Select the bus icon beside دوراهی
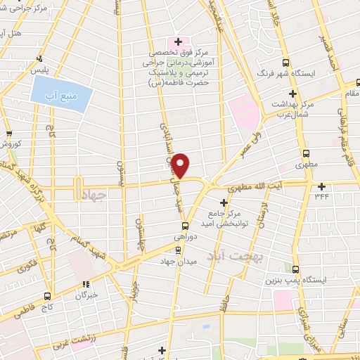[x=185, y=226]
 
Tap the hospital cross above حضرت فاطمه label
[x=178, y=42]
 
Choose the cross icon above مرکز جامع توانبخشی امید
[x=224, y=203]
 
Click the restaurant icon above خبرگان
[x=86, y=285]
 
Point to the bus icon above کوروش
[x=8, y=135]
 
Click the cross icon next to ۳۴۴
[x=322, y=186]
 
